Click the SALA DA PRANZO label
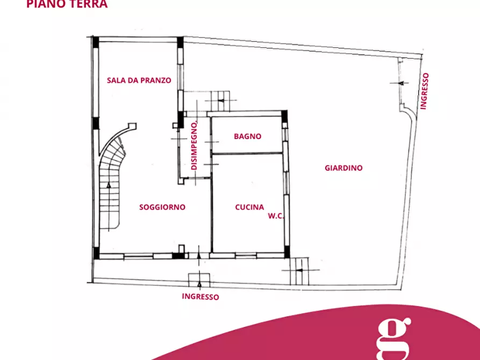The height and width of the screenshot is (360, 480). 139,81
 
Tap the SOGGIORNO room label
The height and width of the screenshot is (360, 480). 162,207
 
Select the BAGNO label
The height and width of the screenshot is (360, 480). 247,136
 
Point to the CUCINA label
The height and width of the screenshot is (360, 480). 249,207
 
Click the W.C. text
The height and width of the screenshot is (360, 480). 276,216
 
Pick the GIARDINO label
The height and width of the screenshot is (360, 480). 343,168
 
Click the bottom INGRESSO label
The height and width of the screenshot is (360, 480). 200,297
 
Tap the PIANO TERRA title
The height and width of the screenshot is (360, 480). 67,4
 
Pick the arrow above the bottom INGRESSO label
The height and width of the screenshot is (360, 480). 199,284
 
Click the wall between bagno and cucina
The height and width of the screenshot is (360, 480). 247,153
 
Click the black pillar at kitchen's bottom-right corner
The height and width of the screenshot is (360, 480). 287,251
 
